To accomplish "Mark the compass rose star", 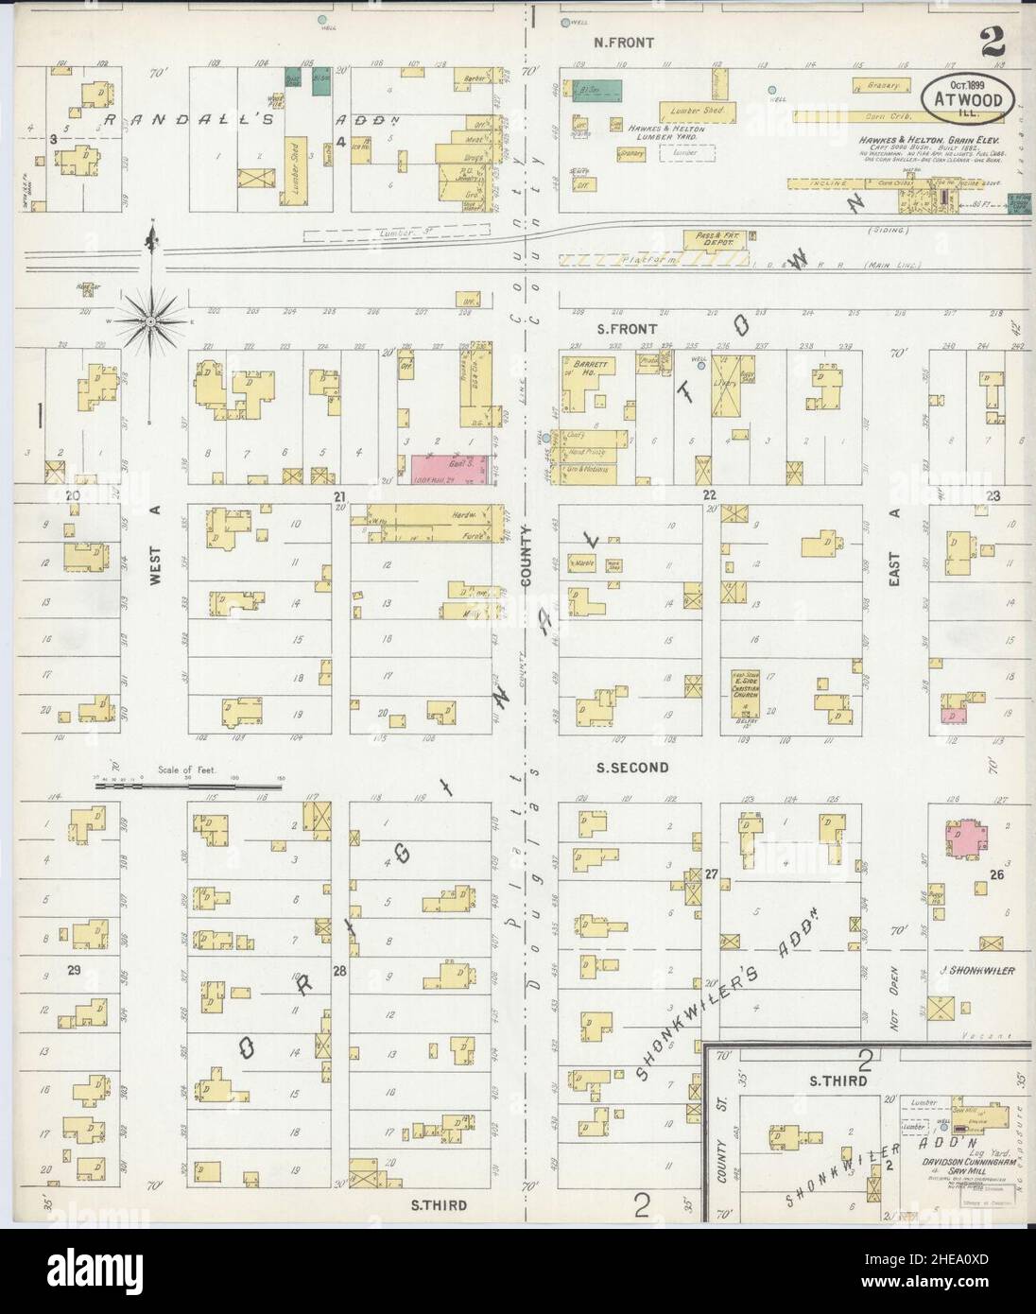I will pos(150,322).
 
